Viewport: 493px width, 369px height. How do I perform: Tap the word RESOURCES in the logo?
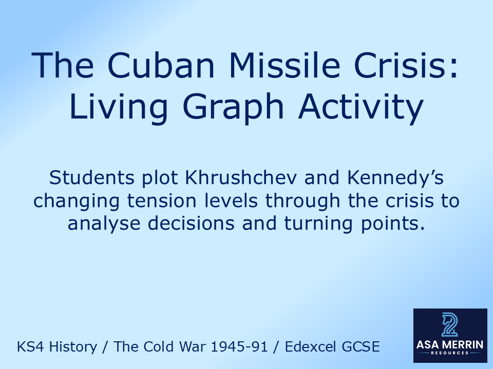point(450,354)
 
